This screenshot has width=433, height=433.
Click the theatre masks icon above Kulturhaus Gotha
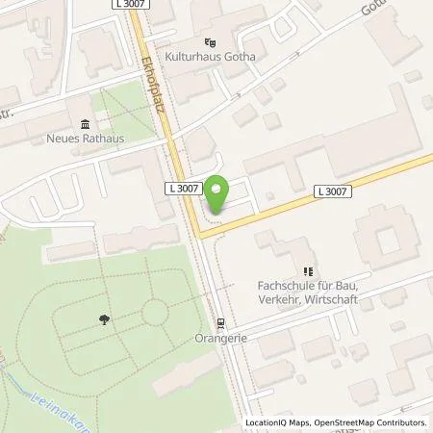tap(209, 42)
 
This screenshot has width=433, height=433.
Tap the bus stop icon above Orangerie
tap(222, 323)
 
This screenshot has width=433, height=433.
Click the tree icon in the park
tap(103, 320)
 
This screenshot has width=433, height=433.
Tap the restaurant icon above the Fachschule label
tap(308, 271)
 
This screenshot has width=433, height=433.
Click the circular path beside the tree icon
tap(153, 312)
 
